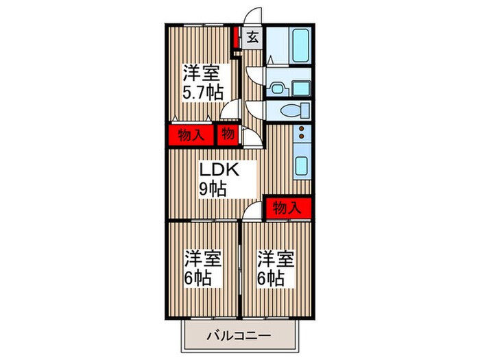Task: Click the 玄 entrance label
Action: tap(252, 38)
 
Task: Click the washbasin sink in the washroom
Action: tap(277, 86)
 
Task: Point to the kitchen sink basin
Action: tap(302, 165)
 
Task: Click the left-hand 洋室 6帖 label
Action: tap(203, 269)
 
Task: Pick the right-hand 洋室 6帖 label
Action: tap(276, 269)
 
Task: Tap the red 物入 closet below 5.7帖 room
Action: tap(190, 134)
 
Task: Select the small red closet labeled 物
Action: tap(228, 134)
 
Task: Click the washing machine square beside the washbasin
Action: tap(300, 86)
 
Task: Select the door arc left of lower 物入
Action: tap(253, 209)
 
